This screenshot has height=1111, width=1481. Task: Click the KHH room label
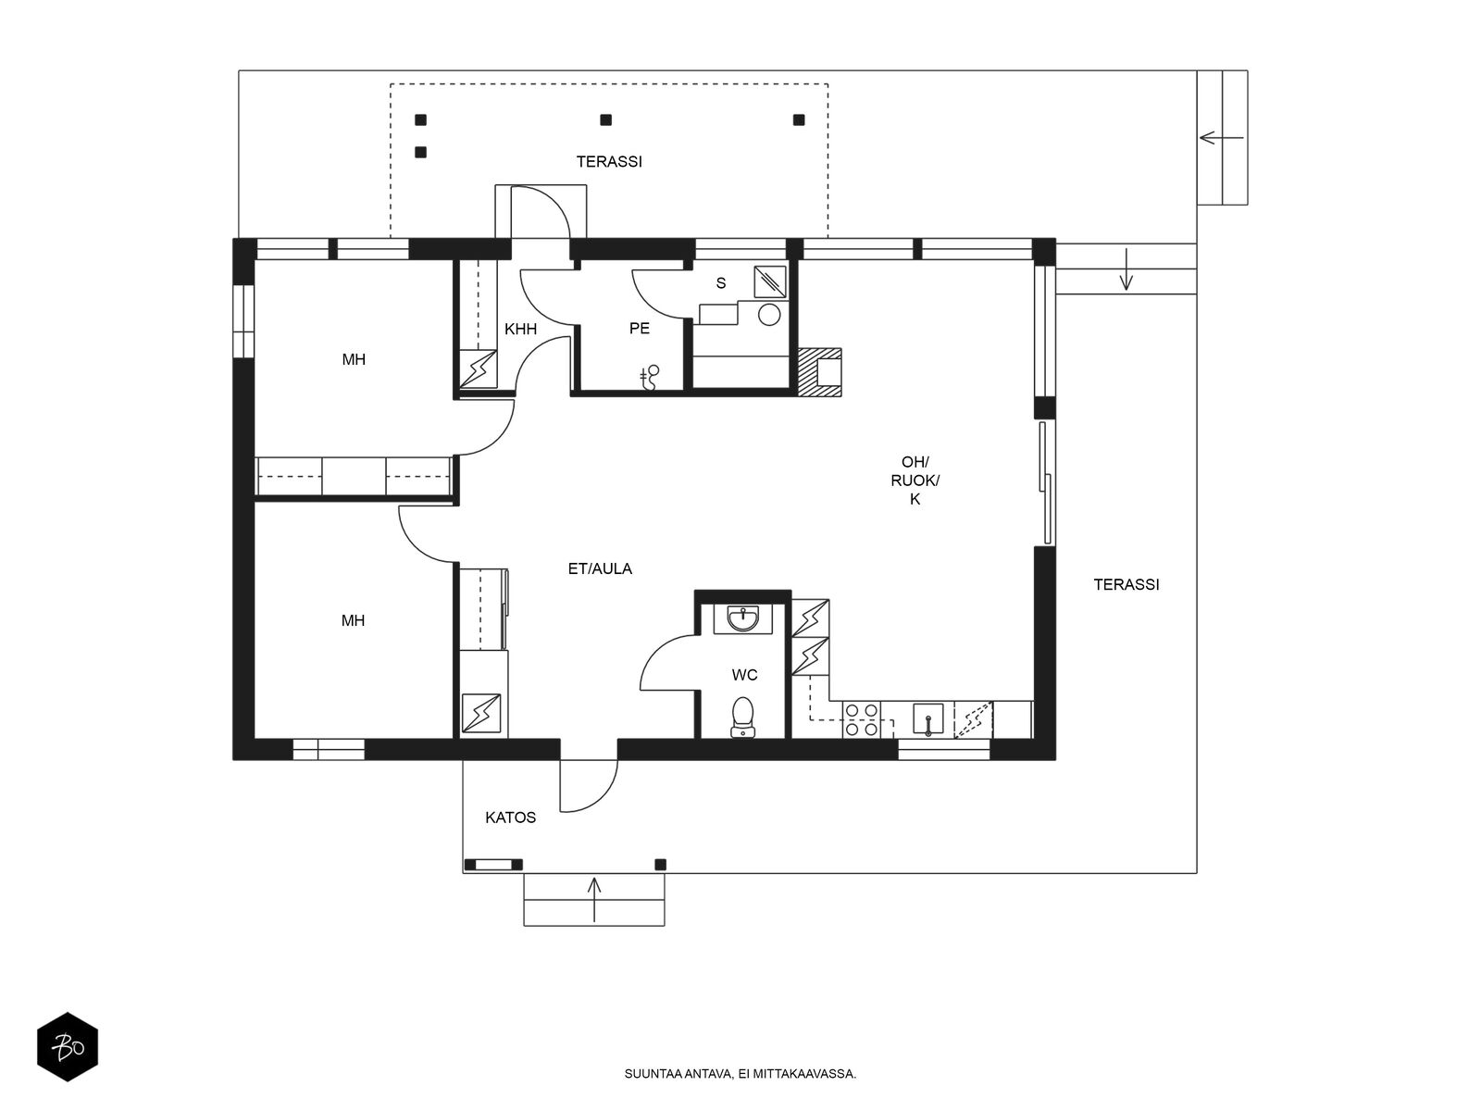tap(520, 329)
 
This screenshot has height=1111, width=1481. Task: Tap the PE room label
tap(640, 329)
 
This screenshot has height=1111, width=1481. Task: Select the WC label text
tap(744, 675)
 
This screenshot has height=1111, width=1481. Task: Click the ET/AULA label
tap(600, 568)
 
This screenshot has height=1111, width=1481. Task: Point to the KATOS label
tap(511, 818)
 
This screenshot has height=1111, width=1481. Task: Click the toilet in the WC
tap(742, 717)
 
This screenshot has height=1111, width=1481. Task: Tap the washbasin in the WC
tap(742, 618)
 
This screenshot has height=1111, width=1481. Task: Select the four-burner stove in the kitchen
tap(862, 719)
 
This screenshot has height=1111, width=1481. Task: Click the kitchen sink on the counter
tap(927, 718)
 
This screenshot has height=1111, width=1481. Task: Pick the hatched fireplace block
tap(819, 372)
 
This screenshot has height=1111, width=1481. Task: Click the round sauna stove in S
tap(769, 316)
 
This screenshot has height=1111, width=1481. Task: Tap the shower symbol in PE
tap(651, 376)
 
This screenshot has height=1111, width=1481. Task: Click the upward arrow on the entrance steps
tap(594, 897)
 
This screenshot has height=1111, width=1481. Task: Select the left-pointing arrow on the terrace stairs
tap(1221, 138)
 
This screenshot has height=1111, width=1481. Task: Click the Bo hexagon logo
tap(68, 1048)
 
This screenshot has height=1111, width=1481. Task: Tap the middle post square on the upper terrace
tap(605, 119)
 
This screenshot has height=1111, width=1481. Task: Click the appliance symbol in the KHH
tap(479, 368)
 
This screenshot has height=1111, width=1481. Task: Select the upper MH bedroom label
tap(354, 359)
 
